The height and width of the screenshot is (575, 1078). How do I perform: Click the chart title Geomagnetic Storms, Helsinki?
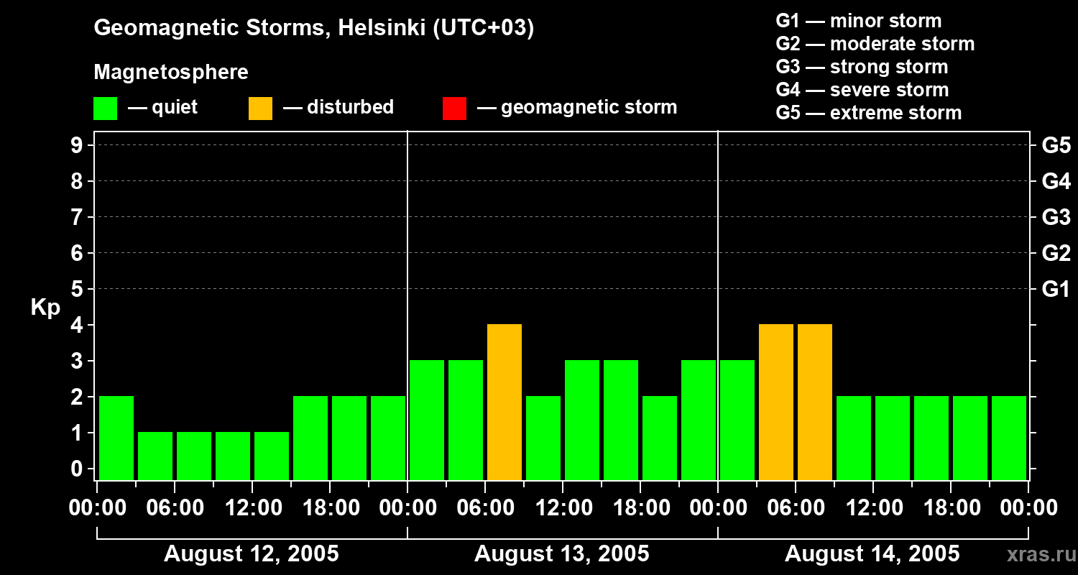click(313, 29)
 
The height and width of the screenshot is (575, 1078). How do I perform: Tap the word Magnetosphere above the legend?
click(171, 73)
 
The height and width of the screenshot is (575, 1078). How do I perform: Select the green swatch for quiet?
click(105, 109)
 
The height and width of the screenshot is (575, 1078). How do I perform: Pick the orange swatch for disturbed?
click(260, 109)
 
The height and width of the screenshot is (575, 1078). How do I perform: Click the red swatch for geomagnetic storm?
click(454, 109)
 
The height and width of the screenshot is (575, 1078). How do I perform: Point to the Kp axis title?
click(45, 308)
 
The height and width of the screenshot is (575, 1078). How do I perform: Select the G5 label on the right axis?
click(1056, 145)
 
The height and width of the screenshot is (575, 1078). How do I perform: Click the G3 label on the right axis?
click(1056, 217)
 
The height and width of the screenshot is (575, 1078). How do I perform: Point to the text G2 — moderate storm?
click(875, 44)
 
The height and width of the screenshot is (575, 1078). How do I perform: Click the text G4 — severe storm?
click(862, 90)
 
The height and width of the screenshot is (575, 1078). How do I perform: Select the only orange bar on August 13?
click(505, 402)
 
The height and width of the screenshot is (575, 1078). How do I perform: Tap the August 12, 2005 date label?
click(252, 554)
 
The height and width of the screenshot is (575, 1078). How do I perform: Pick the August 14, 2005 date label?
click(872, 554)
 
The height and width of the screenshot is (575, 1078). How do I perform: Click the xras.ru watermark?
click(1038, 554)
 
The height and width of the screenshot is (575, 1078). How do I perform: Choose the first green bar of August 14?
click(737, 420)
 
